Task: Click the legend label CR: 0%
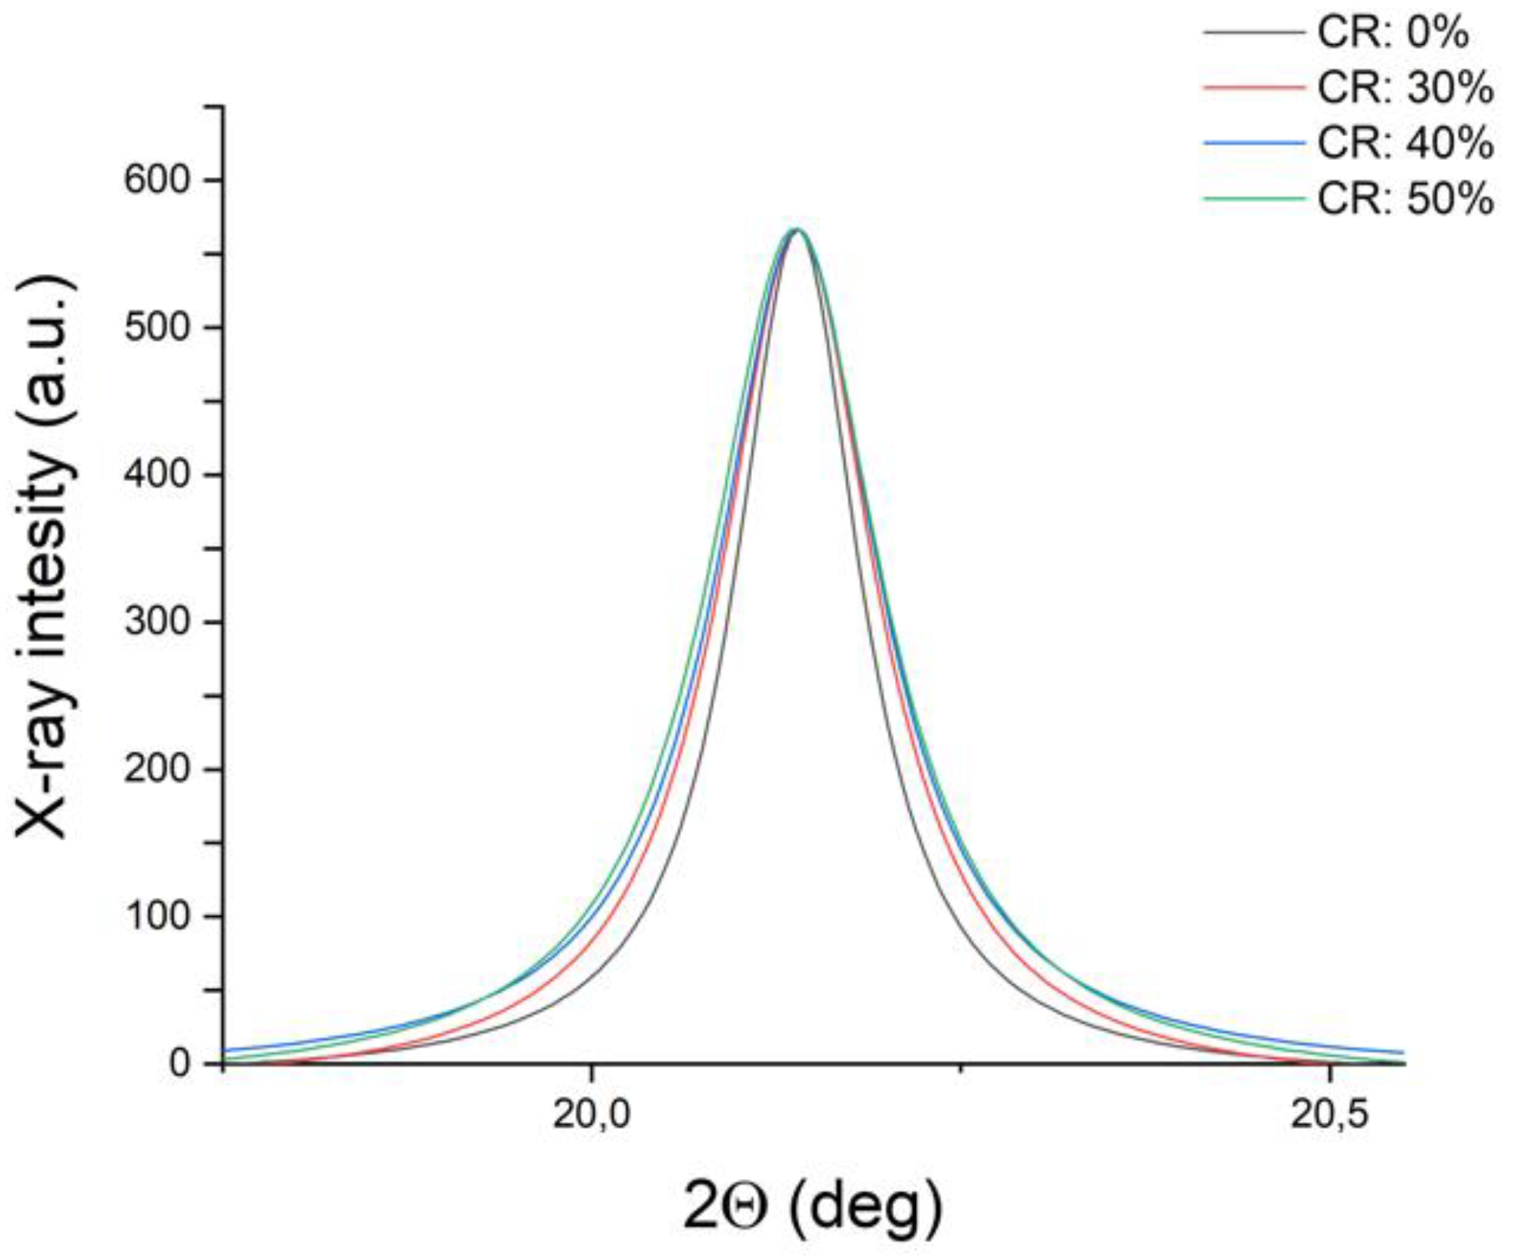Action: point(1392,33)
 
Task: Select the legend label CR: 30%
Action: point(1405,88)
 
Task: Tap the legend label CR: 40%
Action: point(1405,144)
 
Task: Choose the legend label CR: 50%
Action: point(1405,198)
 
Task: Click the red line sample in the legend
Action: point(1254,86)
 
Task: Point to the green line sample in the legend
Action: point(1254,197)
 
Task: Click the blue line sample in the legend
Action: point(1254,143)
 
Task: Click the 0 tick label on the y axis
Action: point(180,1064)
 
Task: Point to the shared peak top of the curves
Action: point(797,231)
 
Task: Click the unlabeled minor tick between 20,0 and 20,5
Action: point(961,1068)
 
